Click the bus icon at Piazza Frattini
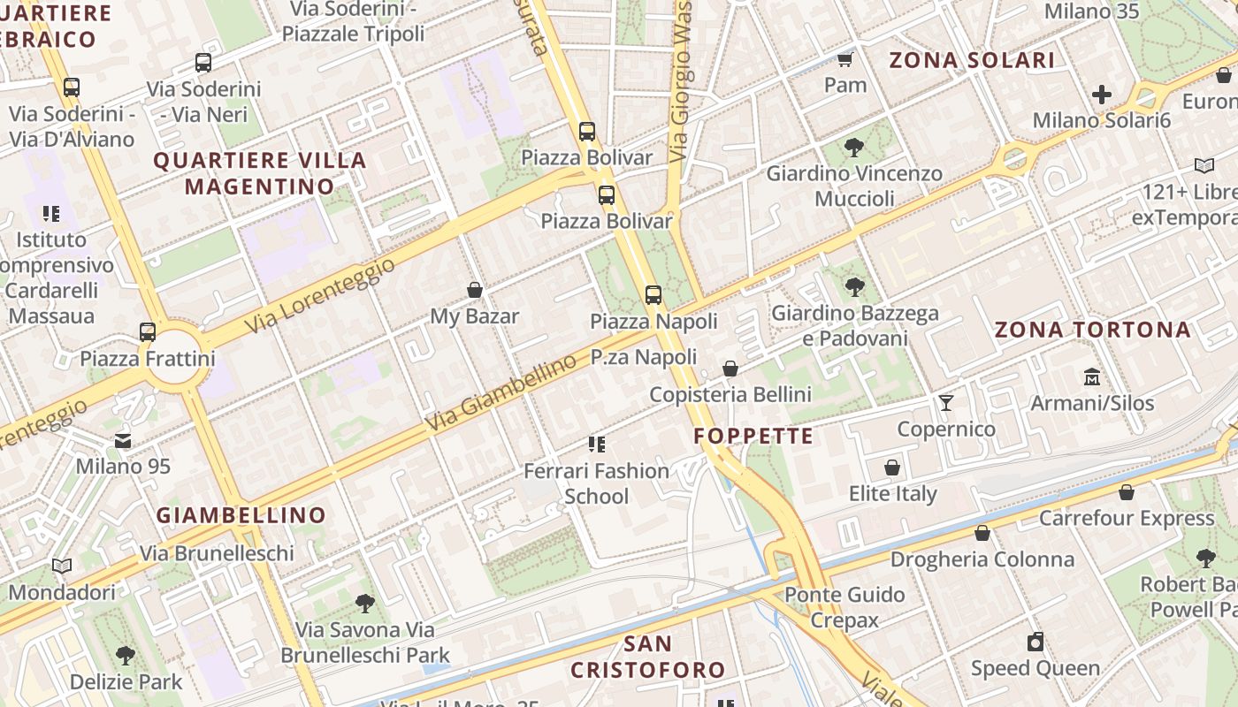[x=148, y=332]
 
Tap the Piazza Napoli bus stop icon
[x=653, y=295]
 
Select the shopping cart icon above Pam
[x=845, y=60]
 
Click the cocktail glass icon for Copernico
[x=946, y=403]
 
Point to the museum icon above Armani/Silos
[x=1092, y=376]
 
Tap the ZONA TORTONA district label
[x=1093, y=331]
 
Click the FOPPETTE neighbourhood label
[x=753, y=436]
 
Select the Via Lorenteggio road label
[x=319, y=296]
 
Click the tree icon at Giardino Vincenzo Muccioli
[x=854, y=148]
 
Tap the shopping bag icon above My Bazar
[x=475, y=290]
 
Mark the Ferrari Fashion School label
[x=596, y=483]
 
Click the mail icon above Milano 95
[x=123, y=440]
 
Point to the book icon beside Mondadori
[x=62, y=566]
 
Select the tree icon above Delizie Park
[x=126, y=656]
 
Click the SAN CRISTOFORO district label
[x=647, y=657]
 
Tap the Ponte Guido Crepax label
[x=844, y=607]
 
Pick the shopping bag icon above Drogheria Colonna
[x=982, y=533]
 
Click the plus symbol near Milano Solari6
[x=1102, y=94]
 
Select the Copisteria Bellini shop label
[x=730, y=394]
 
